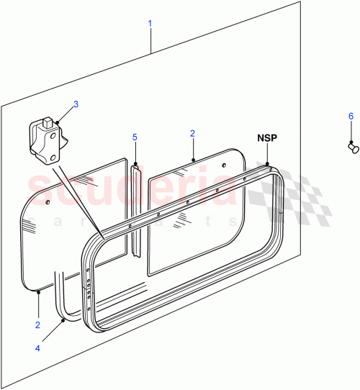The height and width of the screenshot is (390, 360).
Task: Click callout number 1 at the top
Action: (x=150, y=24)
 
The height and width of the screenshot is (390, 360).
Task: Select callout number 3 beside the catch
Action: (x=76, y=104)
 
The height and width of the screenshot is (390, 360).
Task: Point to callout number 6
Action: (x=351, y=116)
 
